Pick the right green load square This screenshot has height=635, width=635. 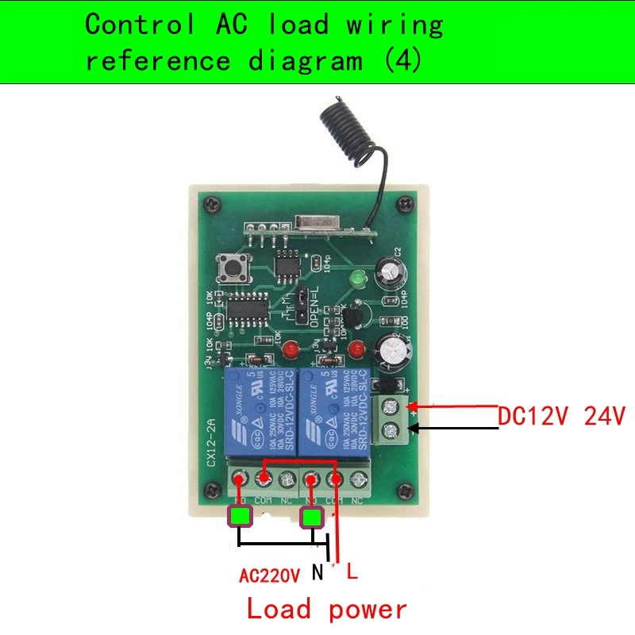tap(312, 518)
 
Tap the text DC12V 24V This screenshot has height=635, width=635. tap(562, 416)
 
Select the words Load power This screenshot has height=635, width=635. tap(326, 610)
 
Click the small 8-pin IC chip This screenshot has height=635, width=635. tap(286, 263)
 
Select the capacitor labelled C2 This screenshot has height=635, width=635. tap(392, 272)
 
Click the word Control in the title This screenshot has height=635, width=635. tap(140, 25)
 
